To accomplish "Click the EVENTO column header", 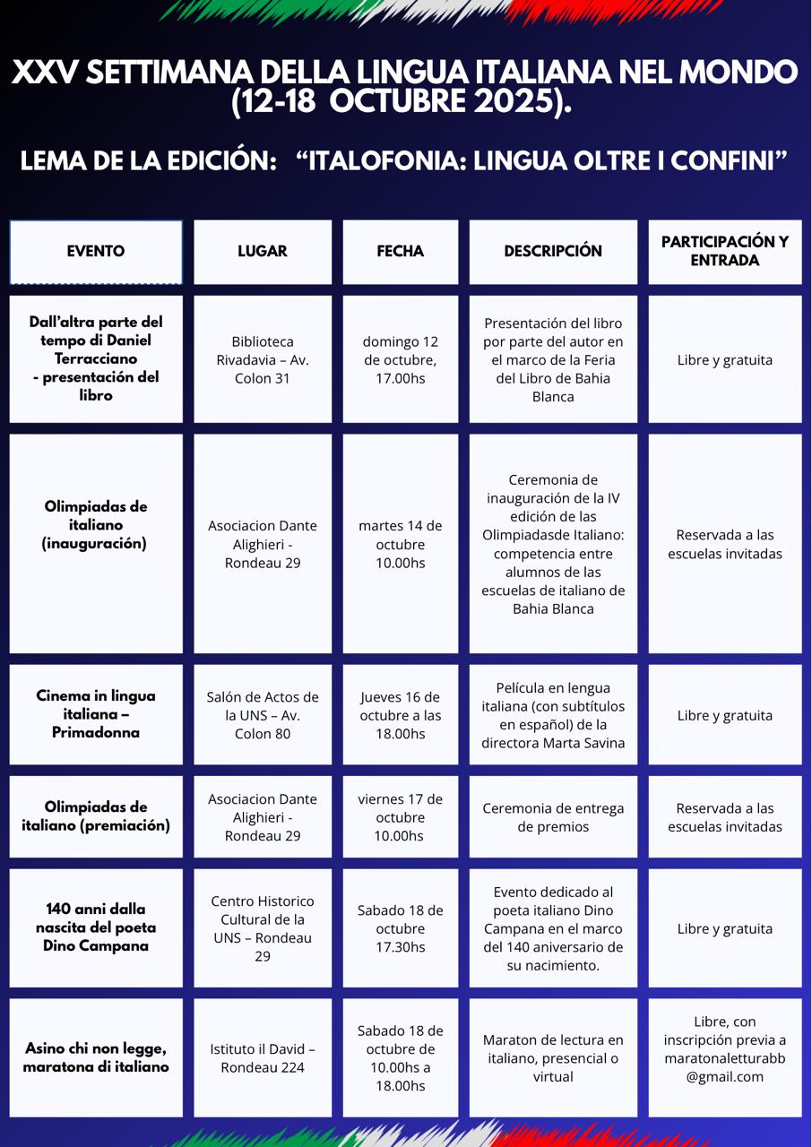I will click(x=96, y=252).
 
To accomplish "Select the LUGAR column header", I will click(x=263, y=252).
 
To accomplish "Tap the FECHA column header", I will click(x=400, y=252).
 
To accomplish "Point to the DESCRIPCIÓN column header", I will click(x=553, y=252).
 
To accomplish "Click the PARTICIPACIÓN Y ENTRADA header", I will click(x=724, y=252).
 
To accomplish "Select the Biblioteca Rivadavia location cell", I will click(x=263, y=359).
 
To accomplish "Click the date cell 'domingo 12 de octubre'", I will click(x=400, y=359).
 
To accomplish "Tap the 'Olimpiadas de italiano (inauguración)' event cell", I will click(x=96, y=525).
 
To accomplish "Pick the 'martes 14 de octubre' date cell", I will click(x=400, y=544).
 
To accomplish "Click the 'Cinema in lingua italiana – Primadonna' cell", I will click(x=96, y=714).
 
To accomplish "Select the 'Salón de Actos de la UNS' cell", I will click(x=263, y=715).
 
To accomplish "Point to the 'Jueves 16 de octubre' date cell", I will click(x=400, y=715).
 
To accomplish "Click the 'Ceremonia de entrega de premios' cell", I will click(x=553, y=817).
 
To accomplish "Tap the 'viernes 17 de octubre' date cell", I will click(x=400, y=817).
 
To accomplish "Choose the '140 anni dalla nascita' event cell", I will click(x=96, y=927).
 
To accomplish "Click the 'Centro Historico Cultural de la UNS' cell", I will click(x=263, y=928).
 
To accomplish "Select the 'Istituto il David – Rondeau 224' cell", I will click(x=263, y=1058).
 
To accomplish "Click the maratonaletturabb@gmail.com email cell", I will click(x=724, y=1058).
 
